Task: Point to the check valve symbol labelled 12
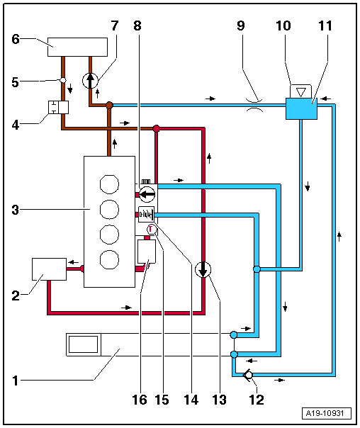point(249,376)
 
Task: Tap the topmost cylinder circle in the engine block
point(108,185)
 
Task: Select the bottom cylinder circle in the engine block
point(108,258)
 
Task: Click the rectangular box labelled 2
point(49,269)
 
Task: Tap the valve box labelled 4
point(57,107)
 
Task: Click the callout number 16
point(140,400)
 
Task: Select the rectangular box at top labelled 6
point(77,46)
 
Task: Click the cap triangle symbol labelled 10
point(302,91)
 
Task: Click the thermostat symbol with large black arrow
point(147,192)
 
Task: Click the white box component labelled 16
point(147,251)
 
